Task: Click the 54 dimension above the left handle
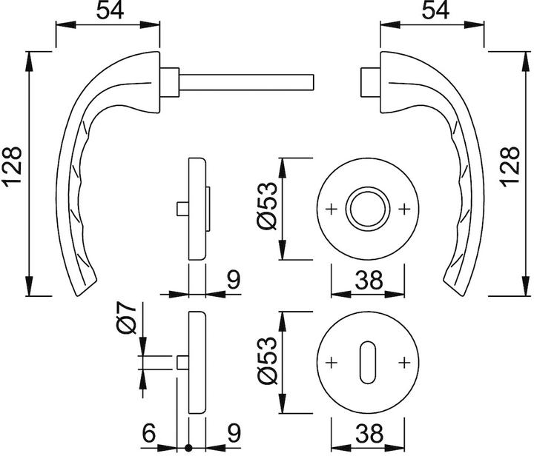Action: (108, 13)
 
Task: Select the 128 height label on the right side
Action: (518, 173)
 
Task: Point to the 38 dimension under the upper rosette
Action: (367, 279)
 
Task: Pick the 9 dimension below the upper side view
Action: (233, 279)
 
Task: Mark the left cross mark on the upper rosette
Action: (331, 209)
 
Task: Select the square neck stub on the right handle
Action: (366, 81)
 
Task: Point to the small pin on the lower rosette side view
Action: (182, 362)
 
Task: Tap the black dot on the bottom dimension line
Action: (189, 448)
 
